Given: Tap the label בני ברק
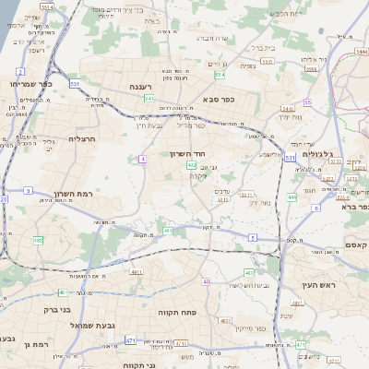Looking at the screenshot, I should (57, 309).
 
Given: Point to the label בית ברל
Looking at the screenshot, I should (262, 47).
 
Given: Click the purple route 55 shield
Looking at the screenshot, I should (307, 102).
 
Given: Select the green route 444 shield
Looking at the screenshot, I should (292, 197).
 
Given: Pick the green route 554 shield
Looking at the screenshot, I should (218, 75).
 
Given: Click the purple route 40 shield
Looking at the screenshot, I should (206, 281).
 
